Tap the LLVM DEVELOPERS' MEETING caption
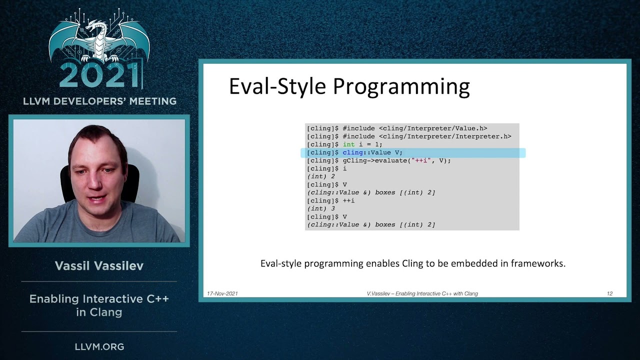[99, 101]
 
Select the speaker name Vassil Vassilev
[99, 266]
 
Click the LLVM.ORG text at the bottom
[99, 346]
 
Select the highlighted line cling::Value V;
[372, 152]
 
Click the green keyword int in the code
[348, 144]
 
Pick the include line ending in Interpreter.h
[408, 136]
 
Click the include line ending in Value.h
[396, 128]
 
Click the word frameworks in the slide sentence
[537, 263]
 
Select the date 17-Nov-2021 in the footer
[222, 293]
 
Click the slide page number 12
[609, 293]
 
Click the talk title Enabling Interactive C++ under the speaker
[99, 299]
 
